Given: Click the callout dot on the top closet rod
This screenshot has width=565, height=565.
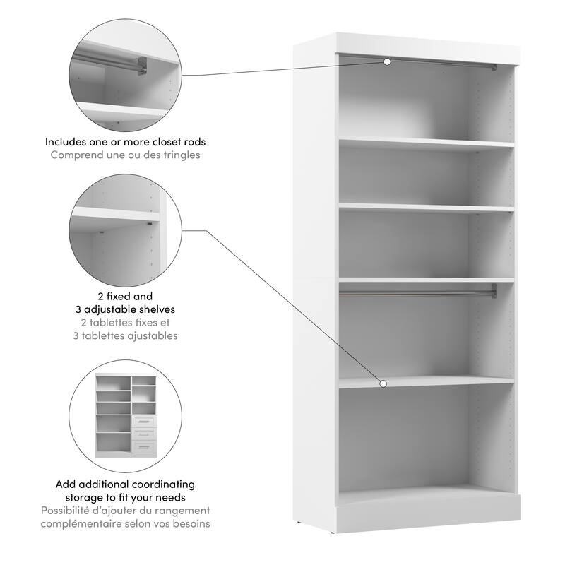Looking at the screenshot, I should click(x=387, y=62).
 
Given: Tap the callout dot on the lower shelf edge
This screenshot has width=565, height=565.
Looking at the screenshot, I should click(x=383, y=384).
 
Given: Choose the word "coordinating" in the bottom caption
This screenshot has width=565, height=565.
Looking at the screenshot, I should click(x=163, y=484).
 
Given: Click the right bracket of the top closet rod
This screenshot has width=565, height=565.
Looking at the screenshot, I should click(x=493, y=68).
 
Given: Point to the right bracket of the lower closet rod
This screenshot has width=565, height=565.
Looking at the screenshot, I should click(x=493, y=290).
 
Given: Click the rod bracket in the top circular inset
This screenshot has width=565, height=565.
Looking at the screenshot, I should click(x=142, y=65).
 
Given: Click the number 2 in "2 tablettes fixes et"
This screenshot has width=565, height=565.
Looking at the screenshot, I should click(x=95, y=323).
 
